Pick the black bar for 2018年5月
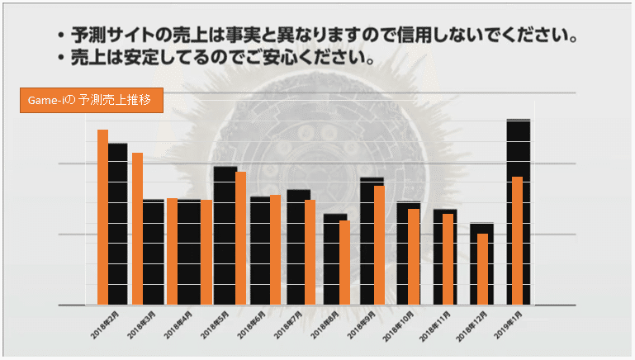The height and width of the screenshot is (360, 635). click(225, 235)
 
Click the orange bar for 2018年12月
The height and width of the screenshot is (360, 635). click(482, 269)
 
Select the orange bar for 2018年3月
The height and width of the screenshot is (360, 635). click(137, 228)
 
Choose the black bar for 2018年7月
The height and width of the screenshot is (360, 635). click(298, 248)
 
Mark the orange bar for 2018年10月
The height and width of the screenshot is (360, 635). click(413, 257)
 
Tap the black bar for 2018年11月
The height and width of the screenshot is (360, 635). click(444, 257)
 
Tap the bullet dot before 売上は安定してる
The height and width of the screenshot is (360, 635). click(61, 59)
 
